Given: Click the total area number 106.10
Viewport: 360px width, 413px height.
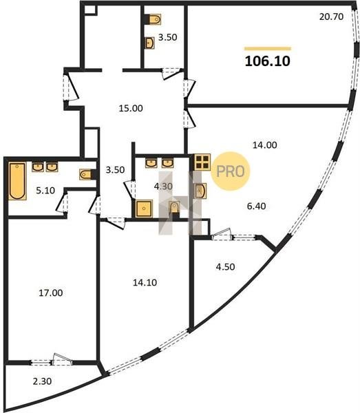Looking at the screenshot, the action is click(268, 61).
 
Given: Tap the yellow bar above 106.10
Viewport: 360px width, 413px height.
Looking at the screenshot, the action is click(268, 48).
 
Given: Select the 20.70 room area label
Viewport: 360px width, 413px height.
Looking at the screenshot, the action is click(331, 17).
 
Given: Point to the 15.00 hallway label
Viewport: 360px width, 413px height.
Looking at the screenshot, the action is click(131, 108).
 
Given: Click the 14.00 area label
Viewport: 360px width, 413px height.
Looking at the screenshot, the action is click(265, 145).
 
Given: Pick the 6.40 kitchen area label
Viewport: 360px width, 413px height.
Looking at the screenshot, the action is click(256, 206).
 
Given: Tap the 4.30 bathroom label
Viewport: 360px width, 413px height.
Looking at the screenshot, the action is click(163, 187).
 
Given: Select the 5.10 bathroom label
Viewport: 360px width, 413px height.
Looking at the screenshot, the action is click(45, 190).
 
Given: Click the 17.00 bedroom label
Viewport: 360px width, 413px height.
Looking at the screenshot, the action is click(50, 293).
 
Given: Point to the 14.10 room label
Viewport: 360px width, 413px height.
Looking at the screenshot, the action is click(145, 282).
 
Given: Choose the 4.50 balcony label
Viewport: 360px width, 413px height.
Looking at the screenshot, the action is click(225, 266).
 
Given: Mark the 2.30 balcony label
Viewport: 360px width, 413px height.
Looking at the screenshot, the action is click(42, 381).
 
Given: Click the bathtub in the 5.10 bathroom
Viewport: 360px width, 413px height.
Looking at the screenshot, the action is click(17, 181).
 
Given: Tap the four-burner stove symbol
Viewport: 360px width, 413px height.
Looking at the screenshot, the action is click(202, 162).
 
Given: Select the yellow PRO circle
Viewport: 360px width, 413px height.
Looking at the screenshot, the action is click(230, 171).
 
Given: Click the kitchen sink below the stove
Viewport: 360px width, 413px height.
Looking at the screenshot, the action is click(200, 191).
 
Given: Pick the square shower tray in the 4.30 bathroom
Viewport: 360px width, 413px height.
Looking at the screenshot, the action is click(144, 209).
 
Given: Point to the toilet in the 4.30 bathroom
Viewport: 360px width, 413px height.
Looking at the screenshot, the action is click(174, 208).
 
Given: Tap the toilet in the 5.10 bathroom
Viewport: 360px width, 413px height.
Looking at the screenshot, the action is click(85, 174).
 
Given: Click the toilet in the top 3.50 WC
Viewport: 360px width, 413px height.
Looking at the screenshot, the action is click(154, 20).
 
